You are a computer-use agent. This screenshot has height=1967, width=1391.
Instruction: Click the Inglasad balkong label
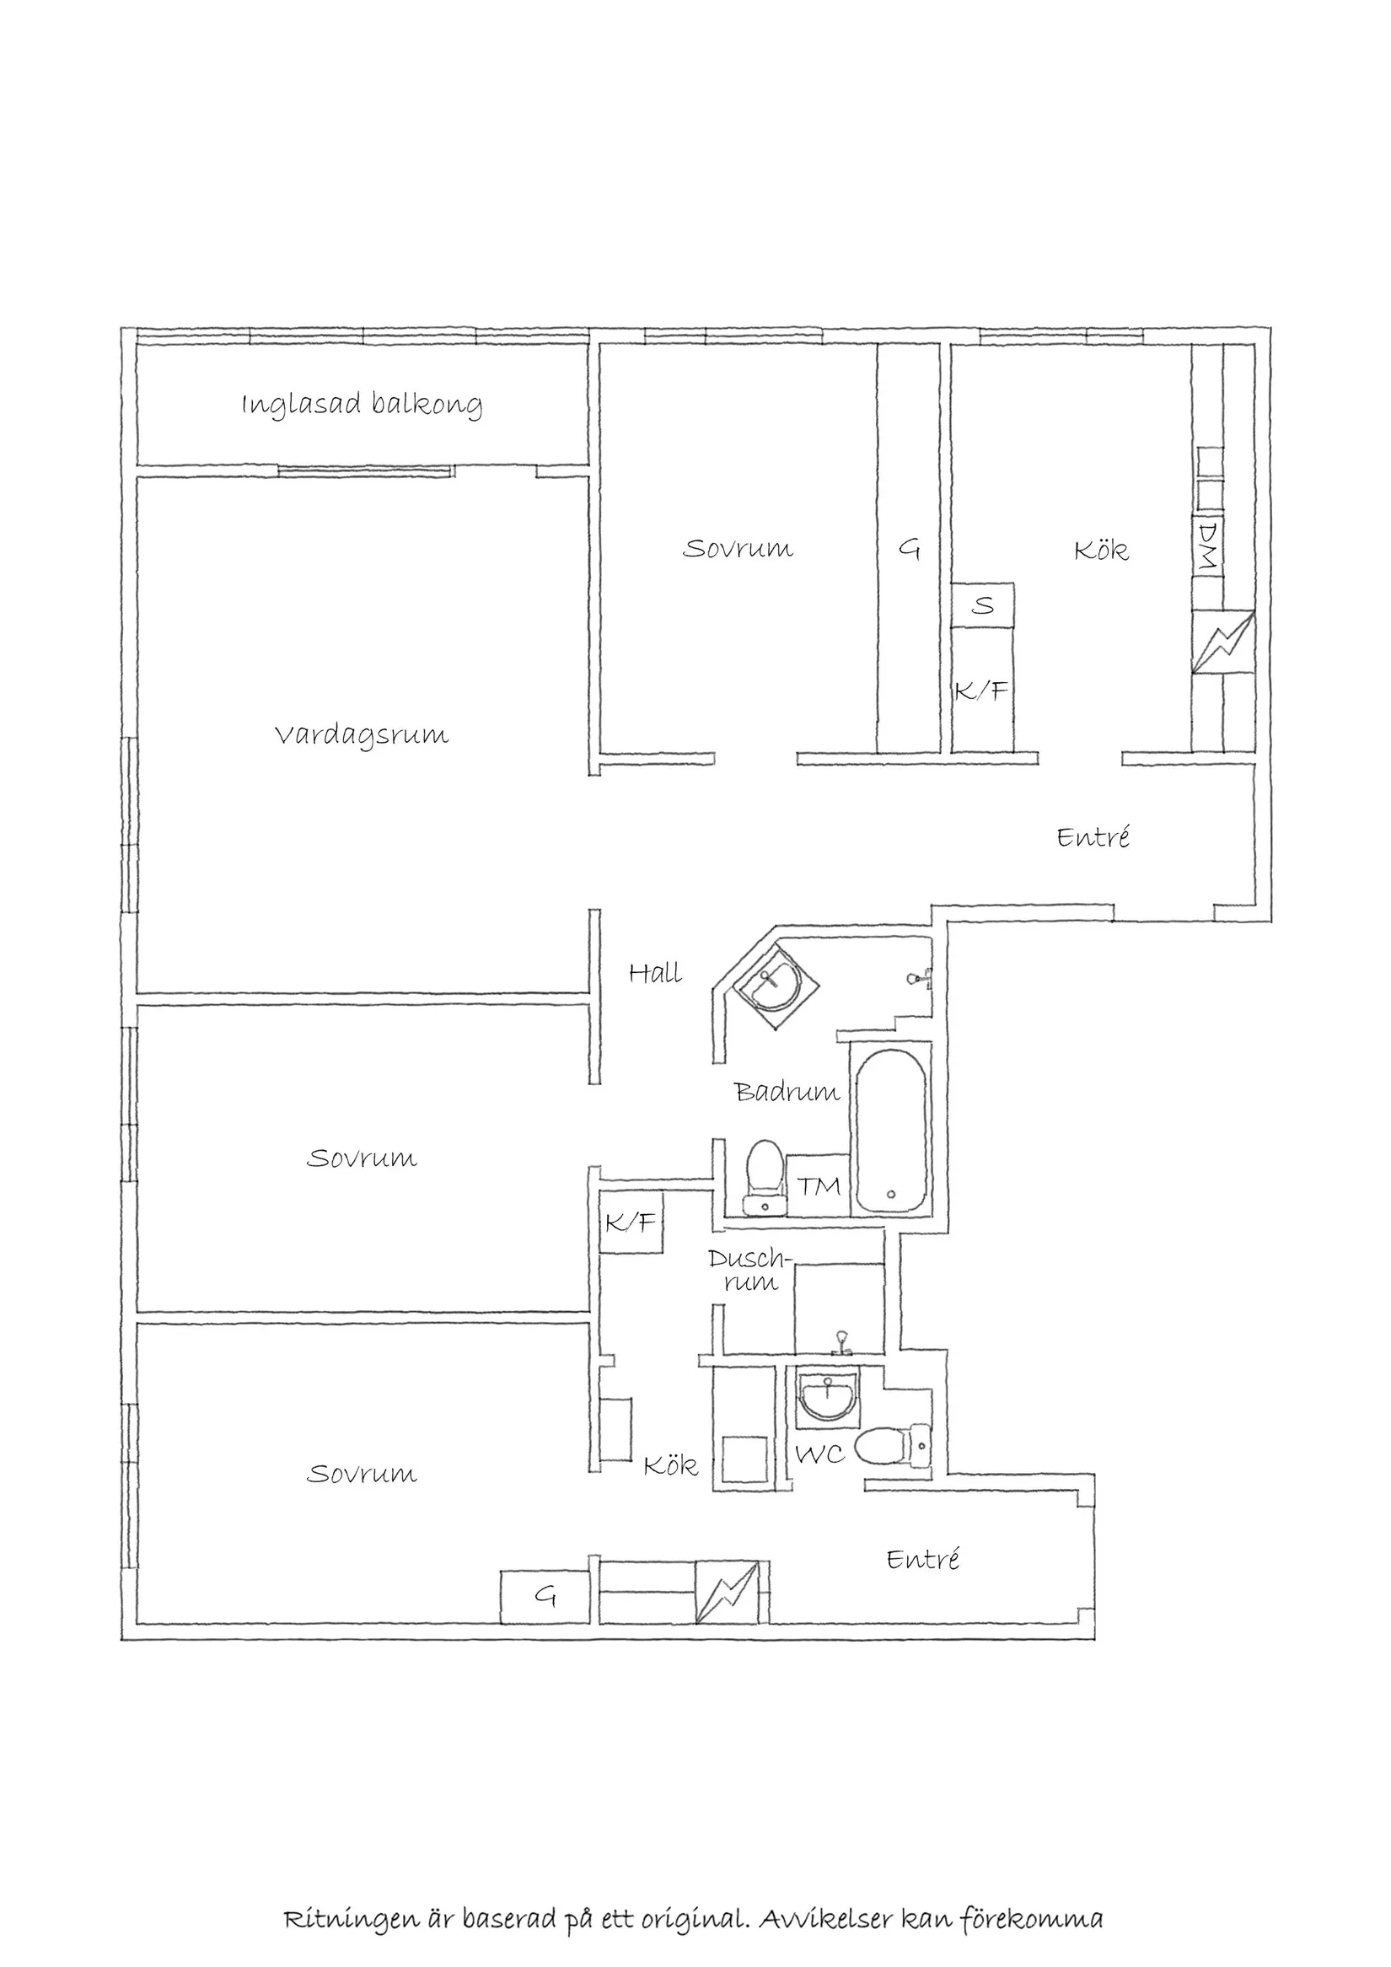click(x=362, y=405)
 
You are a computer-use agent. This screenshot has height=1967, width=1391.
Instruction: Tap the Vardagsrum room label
click(x=362, y=736)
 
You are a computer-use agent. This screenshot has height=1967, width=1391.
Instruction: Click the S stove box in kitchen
click(x=982, y=605)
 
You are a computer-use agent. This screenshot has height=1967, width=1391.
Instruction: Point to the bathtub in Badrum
click(x=891, y=1131)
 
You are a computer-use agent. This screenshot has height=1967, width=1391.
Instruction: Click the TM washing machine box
click(x=818, y=1185)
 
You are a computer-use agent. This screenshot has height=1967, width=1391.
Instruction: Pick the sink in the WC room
click(x=826, y=1398)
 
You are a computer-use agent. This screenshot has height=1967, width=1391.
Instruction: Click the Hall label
click(x=655, y=973)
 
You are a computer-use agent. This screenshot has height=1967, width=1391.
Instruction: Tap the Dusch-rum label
click(x=748, y=1271)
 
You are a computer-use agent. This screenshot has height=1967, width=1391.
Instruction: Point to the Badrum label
click(x=787, y=1092)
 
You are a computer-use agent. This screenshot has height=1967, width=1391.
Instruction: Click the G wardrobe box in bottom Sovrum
click(x=545, y=1597)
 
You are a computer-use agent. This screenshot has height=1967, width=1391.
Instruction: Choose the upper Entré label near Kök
click(x=1093, y=836)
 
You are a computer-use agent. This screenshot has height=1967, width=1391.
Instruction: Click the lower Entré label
click(x=922, y=1558)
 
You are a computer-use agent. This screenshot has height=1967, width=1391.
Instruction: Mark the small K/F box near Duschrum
click(x=631, y=1223)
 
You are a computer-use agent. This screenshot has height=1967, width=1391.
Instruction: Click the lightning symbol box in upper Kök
click(x=1224, y=642)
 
